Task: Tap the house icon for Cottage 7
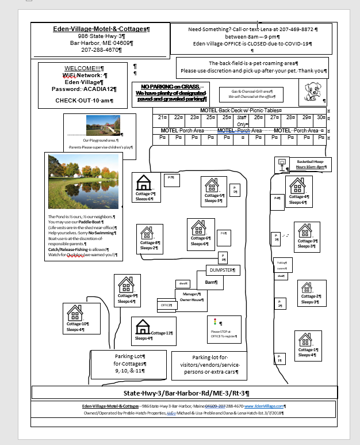click(x=144, y=183)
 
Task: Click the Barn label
click(x=210, y=282)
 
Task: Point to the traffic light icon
click(x=215, y=322)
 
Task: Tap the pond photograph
click(x=83, y=181)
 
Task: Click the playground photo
click(x=103, y=125)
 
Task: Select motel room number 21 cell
click(x=163, y=117)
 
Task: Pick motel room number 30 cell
click(x=319, y=117)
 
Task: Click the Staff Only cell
click(x=242, y=120)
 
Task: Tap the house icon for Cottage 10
click(x=75, y=313)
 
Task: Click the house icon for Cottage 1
click(x=305, y=340)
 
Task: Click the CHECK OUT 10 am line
click(x=84, y=101)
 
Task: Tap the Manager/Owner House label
click(x=190, y=296)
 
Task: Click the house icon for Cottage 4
click(x=297, y=185)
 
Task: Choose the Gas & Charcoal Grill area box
click(x=251, y=94)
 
